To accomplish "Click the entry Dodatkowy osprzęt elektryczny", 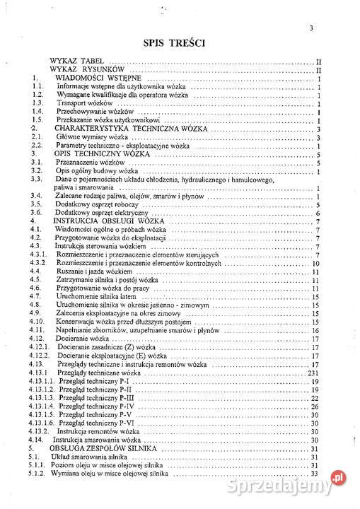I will pyautogui.click(x=103, y=213).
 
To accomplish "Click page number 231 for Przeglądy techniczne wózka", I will pyautogui.click(x=315, y=372).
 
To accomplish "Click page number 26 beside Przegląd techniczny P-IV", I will pyautogui.click(x=316, y=406).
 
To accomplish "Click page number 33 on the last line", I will pyautogui.click(x=316, y=474).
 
